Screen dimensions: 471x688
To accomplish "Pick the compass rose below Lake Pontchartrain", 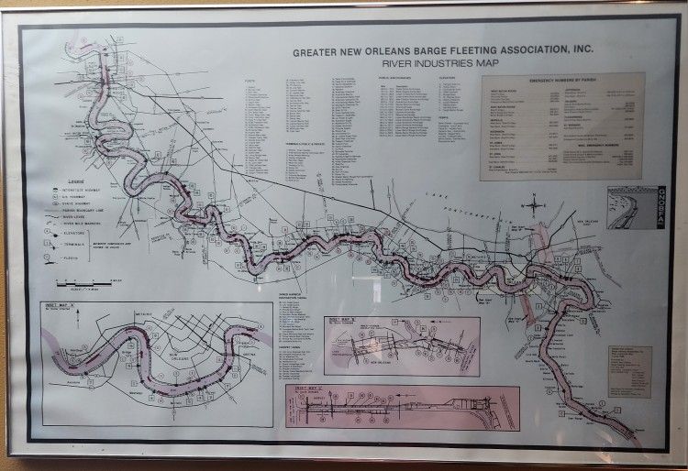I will click(x=535, y=206).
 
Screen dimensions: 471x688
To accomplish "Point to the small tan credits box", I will click(x=629, y=371).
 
